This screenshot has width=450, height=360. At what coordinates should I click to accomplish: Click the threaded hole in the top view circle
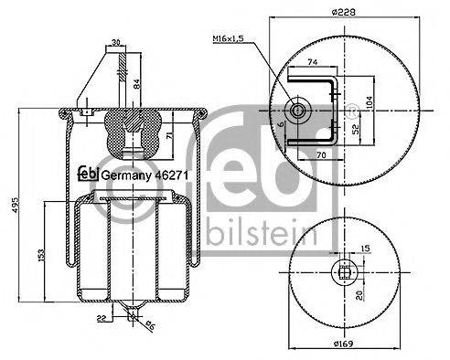(x=299, y=111)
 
